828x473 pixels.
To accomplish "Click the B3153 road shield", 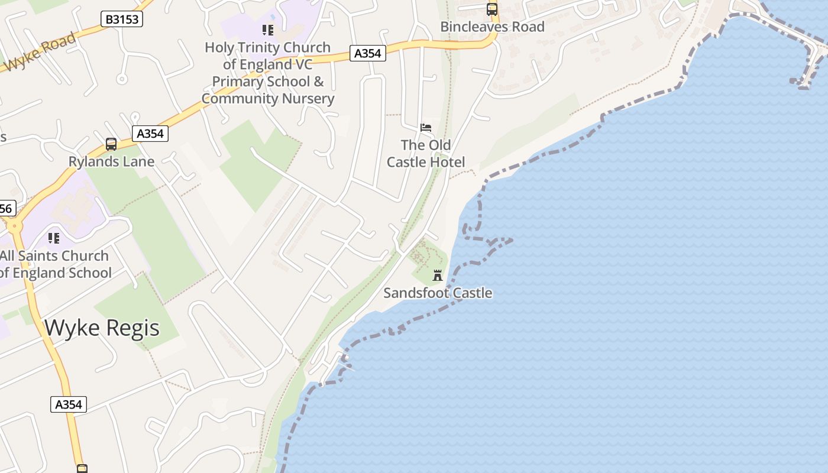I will point(122,19).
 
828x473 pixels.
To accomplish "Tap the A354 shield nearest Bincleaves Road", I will point(367,53).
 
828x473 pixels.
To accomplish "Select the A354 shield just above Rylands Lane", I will point(150,134).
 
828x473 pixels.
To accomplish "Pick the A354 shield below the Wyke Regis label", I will point(69,404).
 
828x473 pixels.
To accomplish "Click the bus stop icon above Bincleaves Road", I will point(492,9).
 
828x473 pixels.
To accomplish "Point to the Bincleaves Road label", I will point(493,27).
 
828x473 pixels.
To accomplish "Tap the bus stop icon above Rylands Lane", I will point(111,144).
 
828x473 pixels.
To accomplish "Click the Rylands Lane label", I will point(111,161).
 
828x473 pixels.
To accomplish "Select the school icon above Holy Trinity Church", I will point(268,30).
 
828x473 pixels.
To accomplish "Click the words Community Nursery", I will point(268,99).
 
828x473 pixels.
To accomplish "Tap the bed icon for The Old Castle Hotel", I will point(426,127).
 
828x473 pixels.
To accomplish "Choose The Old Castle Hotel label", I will point(426,153).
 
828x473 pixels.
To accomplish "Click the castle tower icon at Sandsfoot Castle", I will point(438,276).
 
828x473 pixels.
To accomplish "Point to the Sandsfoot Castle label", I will point(438,293).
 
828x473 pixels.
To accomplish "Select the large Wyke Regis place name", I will point(102,328).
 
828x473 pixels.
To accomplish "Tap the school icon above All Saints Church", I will point(54,238).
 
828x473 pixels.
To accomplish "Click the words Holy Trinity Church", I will point(268,47).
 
